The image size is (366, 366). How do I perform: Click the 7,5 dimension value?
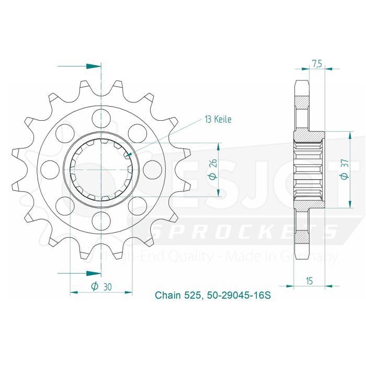click(x=317, y=64)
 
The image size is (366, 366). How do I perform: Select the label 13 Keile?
click(x=218, y=120)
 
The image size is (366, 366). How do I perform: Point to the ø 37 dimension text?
click(x=345, y=170)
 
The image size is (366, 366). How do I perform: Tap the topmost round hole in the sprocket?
click(x=101, y=116)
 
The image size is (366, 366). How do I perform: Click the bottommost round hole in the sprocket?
click(x=101, y=220)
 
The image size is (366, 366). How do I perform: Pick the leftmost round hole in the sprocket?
click(x=50, y=168)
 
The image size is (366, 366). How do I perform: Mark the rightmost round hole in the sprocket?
click(x=153, y=168)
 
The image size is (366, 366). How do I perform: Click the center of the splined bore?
click(x=101, y=168)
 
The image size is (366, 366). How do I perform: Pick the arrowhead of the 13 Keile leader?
click(x=128, y=154)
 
